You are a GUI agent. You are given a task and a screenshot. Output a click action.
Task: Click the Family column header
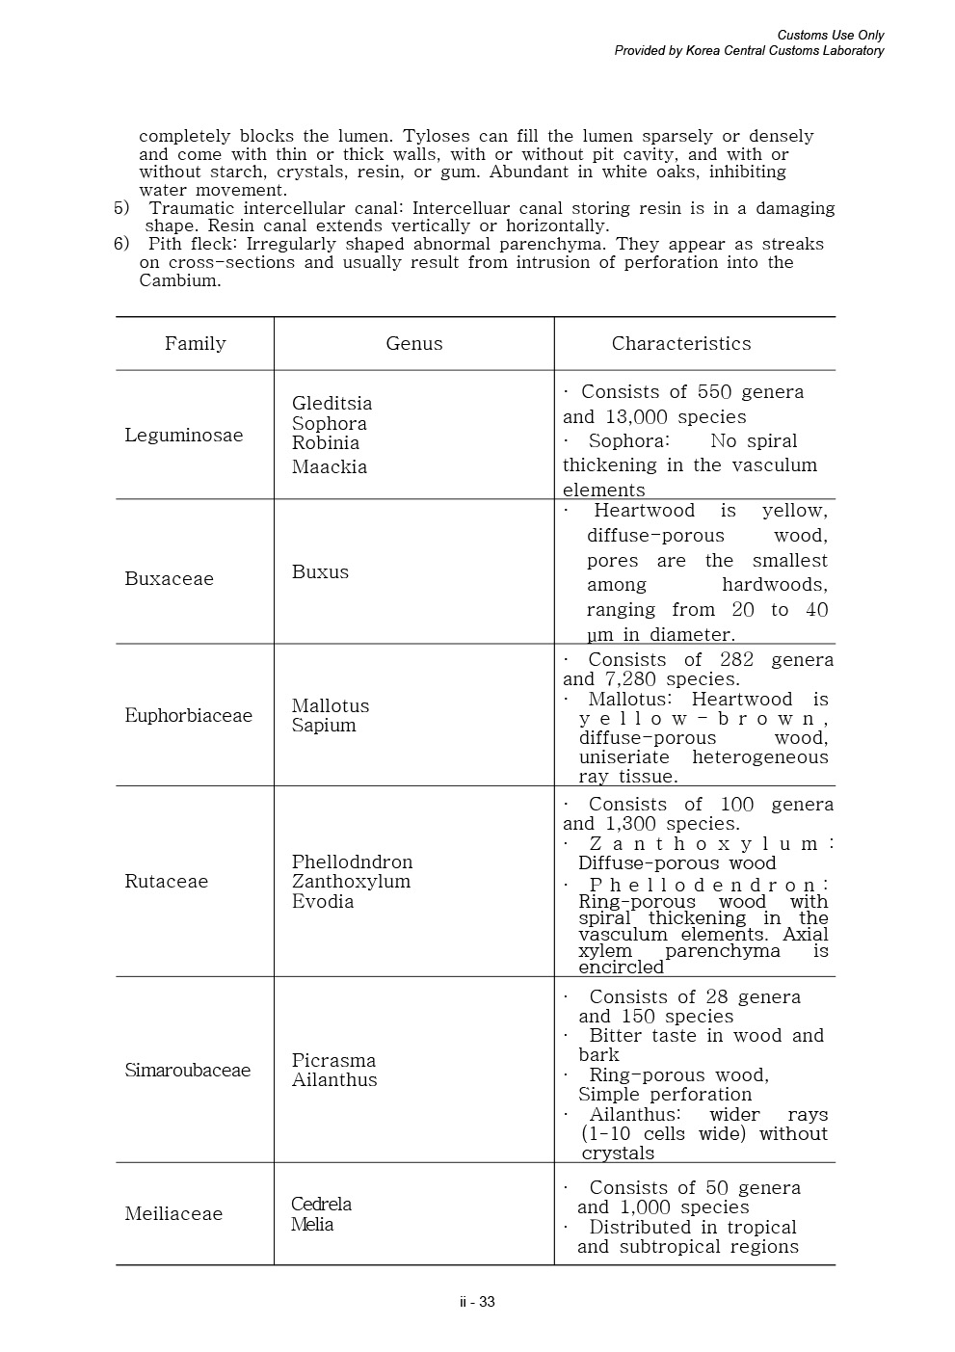(x=195, y=344)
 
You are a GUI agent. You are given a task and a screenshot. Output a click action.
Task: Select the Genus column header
(x=414, y=344)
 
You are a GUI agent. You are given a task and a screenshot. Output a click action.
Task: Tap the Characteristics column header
(x=681, y=344)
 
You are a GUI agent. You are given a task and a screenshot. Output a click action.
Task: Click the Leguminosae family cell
(x=184, y=436)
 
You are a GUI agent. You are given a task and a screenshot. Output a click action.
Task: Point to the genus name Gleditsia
(x=332, y=404)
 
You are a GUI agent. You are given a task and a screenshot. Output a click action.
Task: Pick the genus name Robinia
(x=326, y=443)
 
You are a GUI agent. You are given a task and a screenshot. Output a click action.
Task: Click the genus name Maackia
(x=330, y=467)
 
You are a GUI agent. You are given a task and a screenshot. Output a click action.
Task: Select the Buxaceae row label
(x=170, y=579)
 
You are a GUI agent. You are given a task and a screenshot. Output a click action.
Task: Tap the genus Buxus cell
(x=321, y=572)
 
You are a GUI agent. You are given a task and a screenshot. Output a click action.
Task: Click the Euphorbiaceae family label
(x=189, y=716)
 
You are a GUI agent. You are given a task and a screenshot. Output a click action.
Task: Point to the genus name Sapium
(x=324, y=726)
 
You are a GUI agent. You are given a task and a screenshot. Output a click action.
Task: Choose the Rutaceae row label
(x=167, y=882)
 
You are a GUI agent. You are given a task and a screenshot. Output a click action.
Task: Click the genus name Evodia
(x=323, y=902)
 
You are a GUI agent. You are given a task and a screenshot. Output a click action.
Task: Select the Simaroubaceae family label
(x=188, y=1071)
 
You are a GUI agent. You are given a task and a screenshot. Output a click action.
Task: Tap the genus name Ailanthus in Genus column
(x=334, y=1080)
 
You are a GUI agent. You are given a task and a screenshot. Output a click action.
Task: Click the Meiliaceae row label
(x=173, y=1214)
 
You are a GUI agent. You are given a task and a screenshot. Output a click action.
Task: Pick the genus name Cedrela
(x=322, y=1205)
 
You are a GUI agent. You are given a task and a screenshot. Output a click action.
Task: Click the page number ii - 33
(x=477, y=1303)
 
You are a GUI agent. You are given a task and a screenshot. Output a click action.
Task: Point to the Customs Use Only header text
(x=831, y=36)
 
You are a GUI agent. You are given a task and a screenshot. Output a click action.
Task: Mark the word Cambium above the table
(x=180, y=281)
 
